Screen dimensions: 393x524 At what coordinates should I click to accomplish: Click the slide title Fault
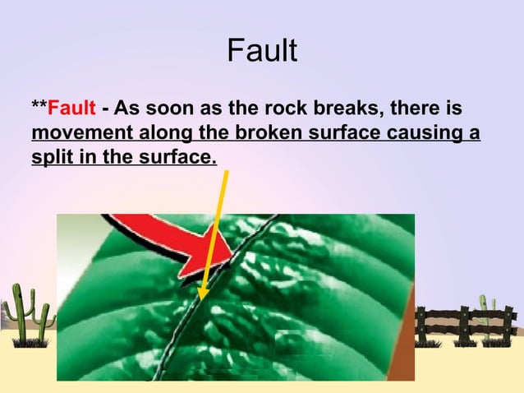click(261, 52)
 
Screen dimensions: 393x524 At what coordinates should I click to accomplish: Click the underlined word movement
click(72, 133)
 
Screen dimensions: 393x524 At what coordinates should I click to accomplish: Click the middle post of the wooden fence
click(463, 326)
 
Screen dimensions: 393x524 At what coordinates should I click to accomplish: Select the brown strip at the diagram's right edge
click(402, 345)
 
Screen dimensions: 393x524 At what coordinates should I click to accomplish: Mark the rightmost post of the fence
click(508, 326)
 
